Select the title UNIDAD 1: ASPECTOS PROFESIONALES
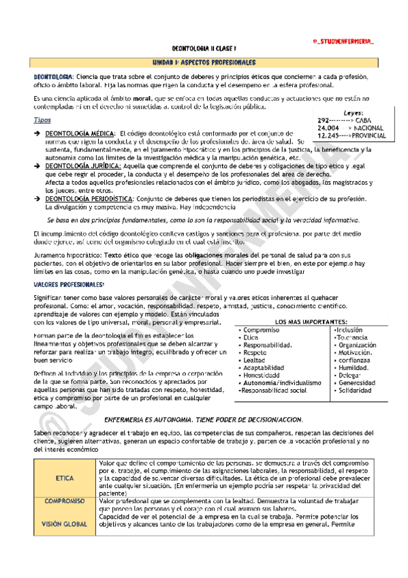click(x=203, y=62)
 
